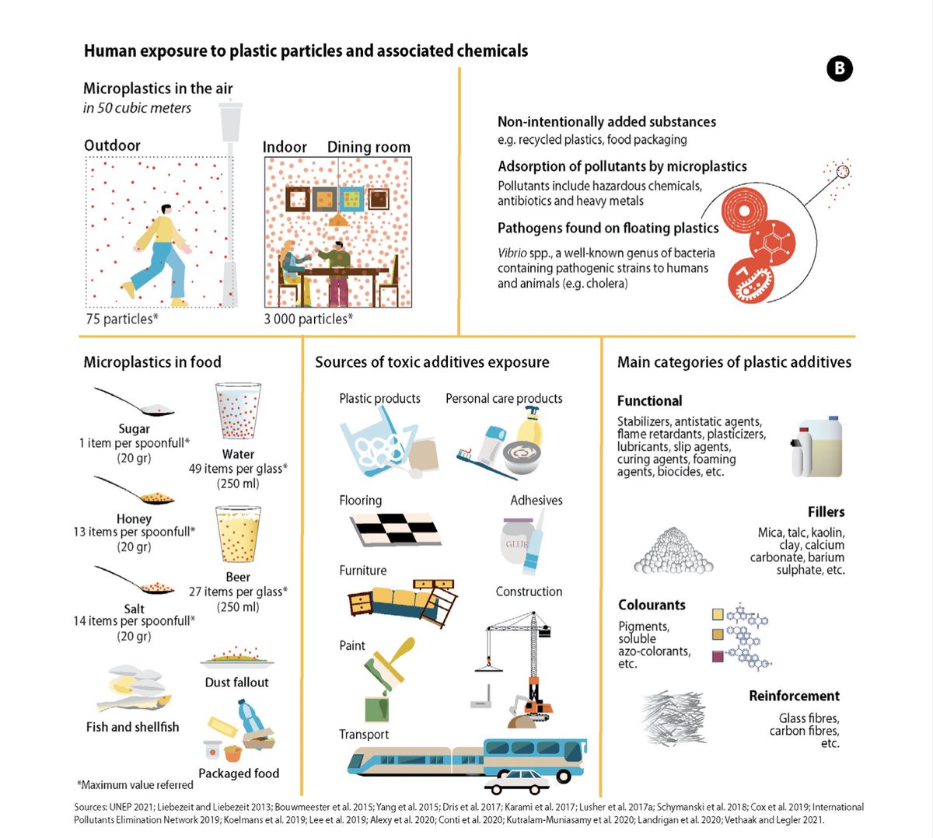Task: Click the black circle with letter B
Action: (x=839, y=69)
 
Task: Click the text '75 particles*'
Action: (x=122, y=319)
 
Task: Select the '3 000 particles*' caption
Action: (x=308, y=319)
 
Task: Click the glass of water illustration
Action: (x=238, y=412)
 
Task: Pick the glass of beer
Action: (x=238, y=535)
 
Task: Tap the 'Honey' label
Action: (x=134, y=519)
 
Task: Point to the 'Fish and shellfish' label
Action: (x=132, y=727)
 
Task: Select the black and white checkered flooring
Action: (x=397, y=529)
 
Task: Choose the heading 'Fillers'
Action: (x=826, y=512)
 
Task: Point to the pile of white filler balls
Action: (x=673, y=552)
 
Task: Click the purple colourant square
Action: (x=718, y=657)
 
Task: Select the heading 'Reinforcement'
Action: (x=794, y=696)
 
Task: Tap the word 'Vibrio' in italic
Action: (x=513, y=253)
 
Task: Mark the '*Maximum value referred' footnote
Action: (x=135, y=785)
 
